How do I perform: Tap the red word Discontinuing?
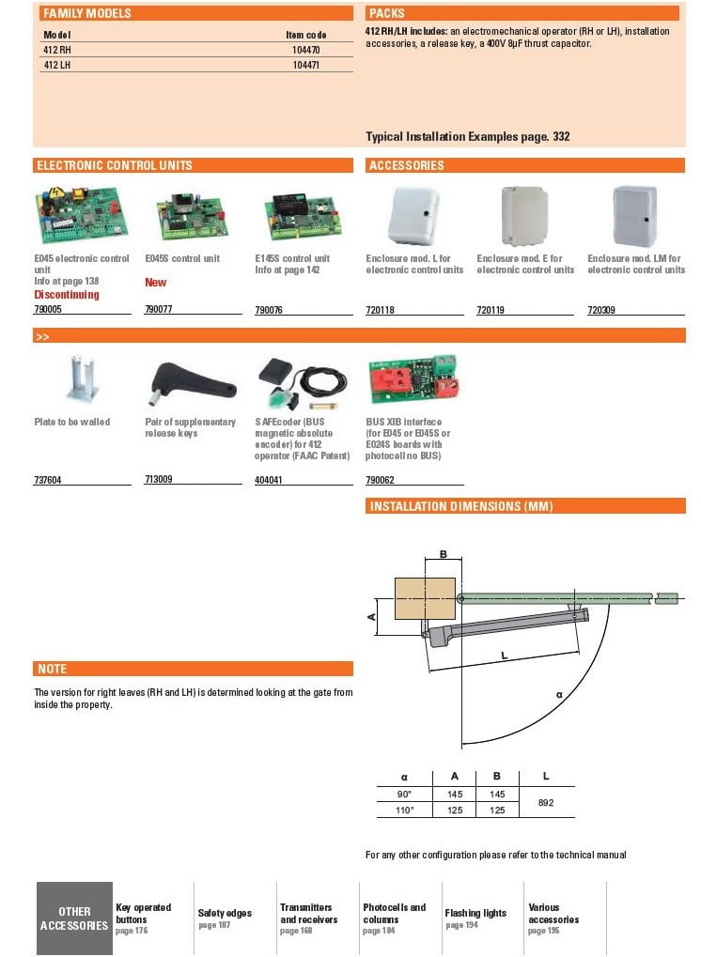pyautogui.click(x=66, y=294)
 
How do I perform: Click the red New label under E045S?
pyautogui.click(x=155, y=282)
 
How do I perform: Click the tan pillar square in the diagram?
pyautogui.click(x=425, y=598)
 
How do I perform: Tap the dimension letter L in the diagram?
pyautogui.click(x=505, y=655)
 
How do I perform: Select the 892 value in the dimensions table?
pyautogui.click(x=546, y=802)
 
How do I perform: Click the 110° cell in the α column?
pyautogui.click(x=405, y=810)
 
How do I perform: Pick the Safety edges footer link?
pyautogui.click(x=225, y=913)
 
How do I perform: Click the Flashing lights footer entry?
pyautogui.click(x=475, y=913)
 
